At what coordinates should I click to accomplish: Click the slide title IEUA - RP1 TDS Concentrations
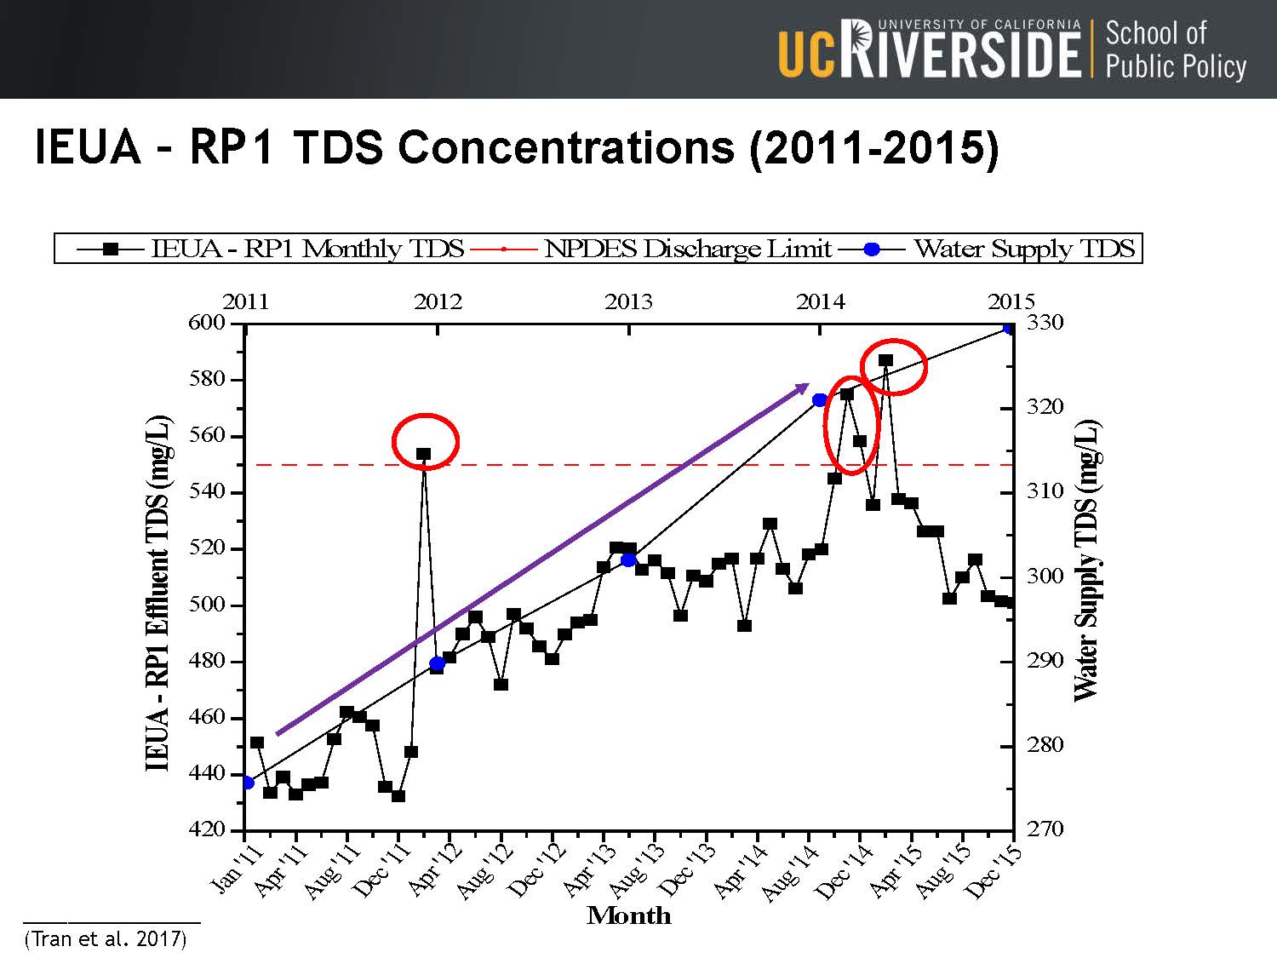(x=516, y=147)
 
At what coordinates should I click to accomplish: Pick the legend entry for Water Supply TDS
(x=1023, y=249)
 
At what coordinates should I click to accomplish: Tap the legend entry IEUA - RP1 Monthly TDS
(x=307, y=249)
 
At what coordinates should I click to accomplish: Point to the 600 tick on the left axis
(x=207, y=323)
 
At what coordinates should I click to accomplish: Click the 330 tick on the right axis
(x=1045, y=323)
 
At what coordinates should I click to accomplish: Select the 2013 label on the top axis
(x=628, y=302)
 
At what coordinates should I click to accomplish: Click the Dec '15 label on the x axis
(x=994, y=871)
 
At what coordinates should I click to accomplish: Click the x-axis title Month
(x=629, y=915)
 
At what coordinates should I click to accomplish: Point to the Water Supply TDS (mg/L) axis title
(x=1086, y=560)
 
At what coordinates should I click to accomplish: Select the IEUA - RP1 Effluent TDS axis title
(x=158, y=593)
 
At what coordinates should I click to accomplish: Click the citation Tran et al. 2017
(x=106, y=939)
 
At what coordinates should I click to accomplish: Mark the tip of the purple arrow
(x=808, y=385)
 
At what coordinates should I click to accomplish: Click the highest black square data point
(x=885, y=361)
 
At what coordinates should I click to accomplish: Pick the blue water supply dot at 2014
(x=820, y=400)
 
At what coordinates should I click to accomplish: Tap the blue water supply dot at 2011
(x=247, y=783)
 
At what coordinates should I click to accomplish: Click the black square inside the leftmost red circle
(x=423, y=454)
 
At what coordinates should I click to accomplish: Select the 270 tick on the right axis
(x=1045, y=829)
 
